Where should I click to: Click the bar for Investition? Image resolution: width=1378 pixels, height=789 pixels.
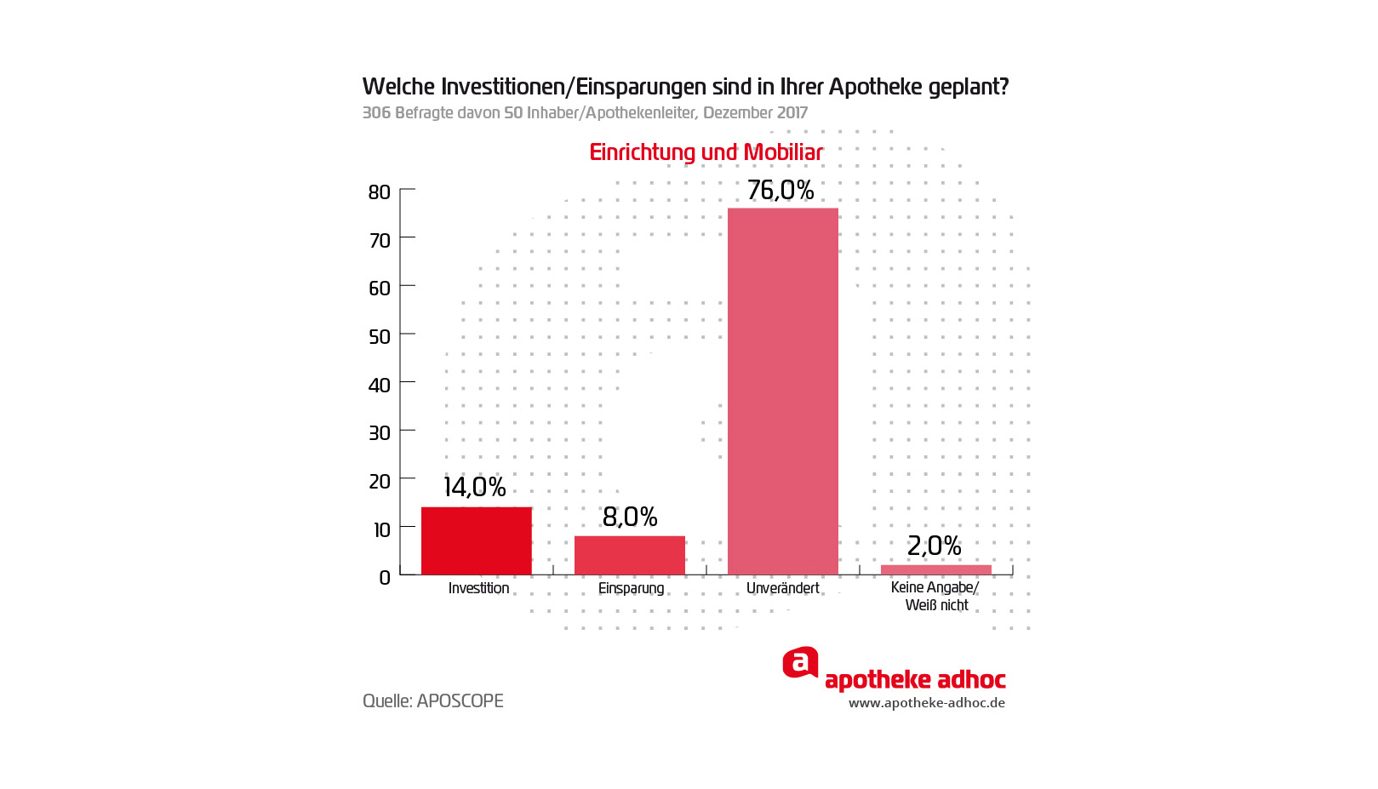[476, 541]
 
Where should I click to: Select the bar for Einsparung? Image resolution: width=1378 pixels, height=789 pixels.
[629, 555]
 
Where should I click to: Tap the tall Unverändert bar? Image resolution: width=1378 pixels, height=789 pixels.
[782, 392]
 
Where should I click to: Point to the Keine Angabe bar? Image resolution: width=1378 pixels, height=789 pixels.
[935, 569]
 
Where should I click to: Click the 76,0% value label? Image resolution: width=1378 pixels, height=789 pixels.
[780, 190]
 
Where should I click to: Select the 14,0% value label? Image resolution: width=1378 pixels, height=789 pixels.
[474, 487]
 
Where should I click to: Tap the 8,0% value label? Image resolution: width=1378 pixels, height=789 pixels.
[630, 517]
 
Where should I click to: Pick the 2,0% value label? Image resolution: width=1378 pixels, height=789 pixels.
[934, 546]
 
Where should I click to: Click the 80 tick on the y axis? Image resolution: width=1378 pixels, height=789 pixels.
[380, 192]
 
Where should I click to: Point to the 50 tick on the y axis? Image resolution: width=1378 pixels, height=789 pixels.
[380, 337]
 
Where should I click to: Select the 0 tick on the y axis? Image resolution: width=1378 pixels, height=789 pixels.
[385, 578]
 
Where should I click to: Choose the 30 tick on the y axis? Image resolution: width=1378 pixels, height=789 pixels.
[380, 433]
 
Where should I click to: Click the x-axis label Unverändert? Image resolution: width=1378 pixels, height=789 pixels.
[782, 588]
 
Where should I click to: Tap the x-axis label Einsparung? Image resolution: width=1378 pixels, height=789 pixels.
[631, 588]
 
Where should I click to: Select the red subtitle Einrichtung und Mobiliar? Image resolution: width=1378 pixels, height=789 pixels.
[706, 152]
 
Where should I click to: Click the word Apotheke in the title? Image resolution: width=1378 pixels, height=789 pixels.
[874, 87]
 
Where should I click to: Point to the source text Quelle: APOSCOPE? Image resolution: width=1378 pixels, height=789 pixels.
[432, 701]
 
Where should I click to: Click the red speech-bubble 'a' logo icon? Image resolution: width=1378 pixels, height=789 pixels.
[800, 662]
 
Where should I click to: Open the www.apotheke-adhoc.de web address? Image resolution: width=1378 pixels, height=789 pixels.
[926, 703]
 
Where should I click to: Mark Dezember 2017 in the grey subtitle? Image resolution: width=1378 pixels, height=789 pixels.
[755, 112]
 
